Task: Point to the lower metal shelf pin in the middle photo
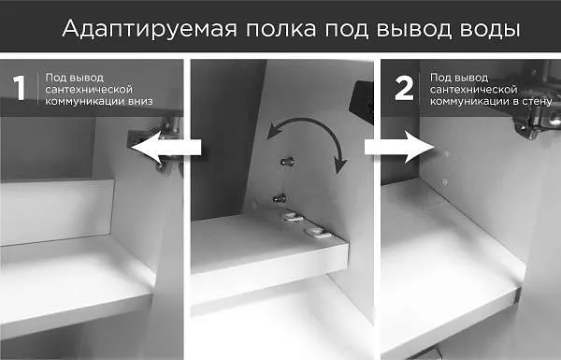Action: tap(279, 197)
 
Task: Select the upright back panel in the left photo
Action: tap(56, 210)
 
